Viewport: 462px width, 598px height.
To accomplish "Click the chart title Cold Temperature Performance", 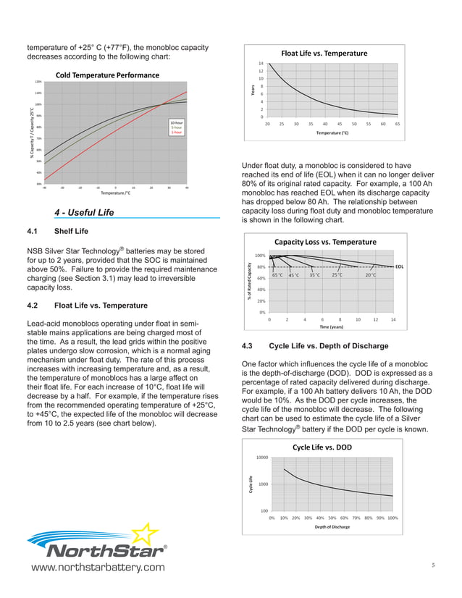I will [107, 75].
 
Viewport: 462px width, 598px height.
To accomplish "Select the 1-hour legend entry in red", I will [176, 132].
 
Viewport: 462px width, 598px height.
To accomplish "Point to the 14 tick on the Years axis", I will [261, 64].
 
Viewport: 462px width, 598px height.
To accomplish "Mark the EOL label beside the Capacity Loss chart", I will [400, 266].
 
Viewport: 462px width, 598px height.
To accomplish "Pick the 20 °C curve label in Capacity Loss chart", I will [371, 275].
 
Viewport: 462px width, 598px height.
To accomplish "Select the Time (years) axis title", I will [333, 327].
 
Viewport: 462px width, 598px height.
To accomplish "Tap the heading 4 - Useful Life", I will [84, 212].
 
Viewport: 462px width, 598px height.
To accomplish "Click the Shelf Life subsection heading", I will [71, 232].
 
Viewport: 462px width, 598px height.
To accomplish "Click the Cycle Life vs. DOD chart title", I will [322, 447].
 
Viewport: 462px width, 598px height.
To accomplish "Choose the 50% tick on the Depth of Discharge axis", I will [332, 518].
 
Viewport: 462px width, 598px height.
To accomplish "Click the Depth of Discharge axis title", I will [332, 527].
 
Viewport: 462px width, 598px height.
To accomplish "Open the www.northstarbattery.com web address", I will [96, 567].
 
